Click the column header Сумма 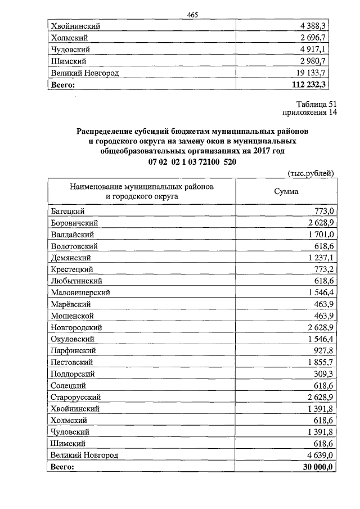point(286,191)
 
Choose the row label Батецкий point(67,210)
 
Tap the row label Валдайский point(72,234)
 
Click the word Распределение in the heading point(107,130)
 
